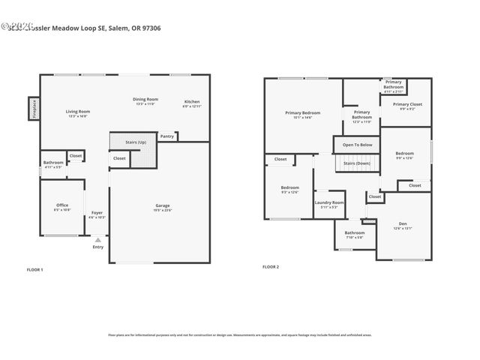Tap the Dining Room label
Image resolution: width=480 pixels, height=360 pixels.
pos(145,100)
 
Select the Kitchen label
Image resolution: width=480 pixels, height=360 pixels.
pos(192,102)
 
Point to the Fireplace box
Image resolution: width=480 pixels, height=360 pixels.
pos(34,109)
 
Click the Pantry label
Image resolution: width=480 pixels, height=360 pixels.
pos(167,136)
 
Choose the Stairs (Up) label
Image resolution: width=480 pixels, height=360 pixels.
pos(136,141)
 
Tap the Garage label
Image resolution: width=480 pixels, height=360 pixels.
pos(163,205)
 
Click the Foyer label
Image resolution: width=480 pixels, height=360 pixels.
pos(97,213)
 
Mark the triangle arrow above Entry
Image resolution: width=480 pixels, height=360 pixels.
pos(97,239)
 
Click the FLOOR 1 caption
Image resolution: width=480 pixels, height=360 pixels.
pos(35,269)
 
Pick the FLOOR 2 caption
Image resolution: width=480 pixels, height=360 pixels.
pos(270,266)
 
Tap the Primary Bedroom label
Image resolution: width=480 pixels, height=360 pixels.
pos(303,113)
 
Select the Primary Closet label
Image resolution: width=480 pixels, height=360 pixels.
pos(407,104)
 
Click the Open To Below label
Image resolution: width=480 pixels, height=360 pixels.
pos(357,144)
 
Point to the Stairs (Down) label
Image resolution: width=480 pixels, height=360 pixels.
pos(357,163)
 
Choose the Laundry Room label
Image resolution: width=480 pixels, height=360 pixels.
pos(329,202)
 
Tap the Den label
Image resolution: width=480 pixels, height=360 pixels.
pos(403,223)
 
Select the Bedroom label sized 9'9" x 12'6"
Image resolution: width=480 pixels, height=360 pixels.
pos(404,155)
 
